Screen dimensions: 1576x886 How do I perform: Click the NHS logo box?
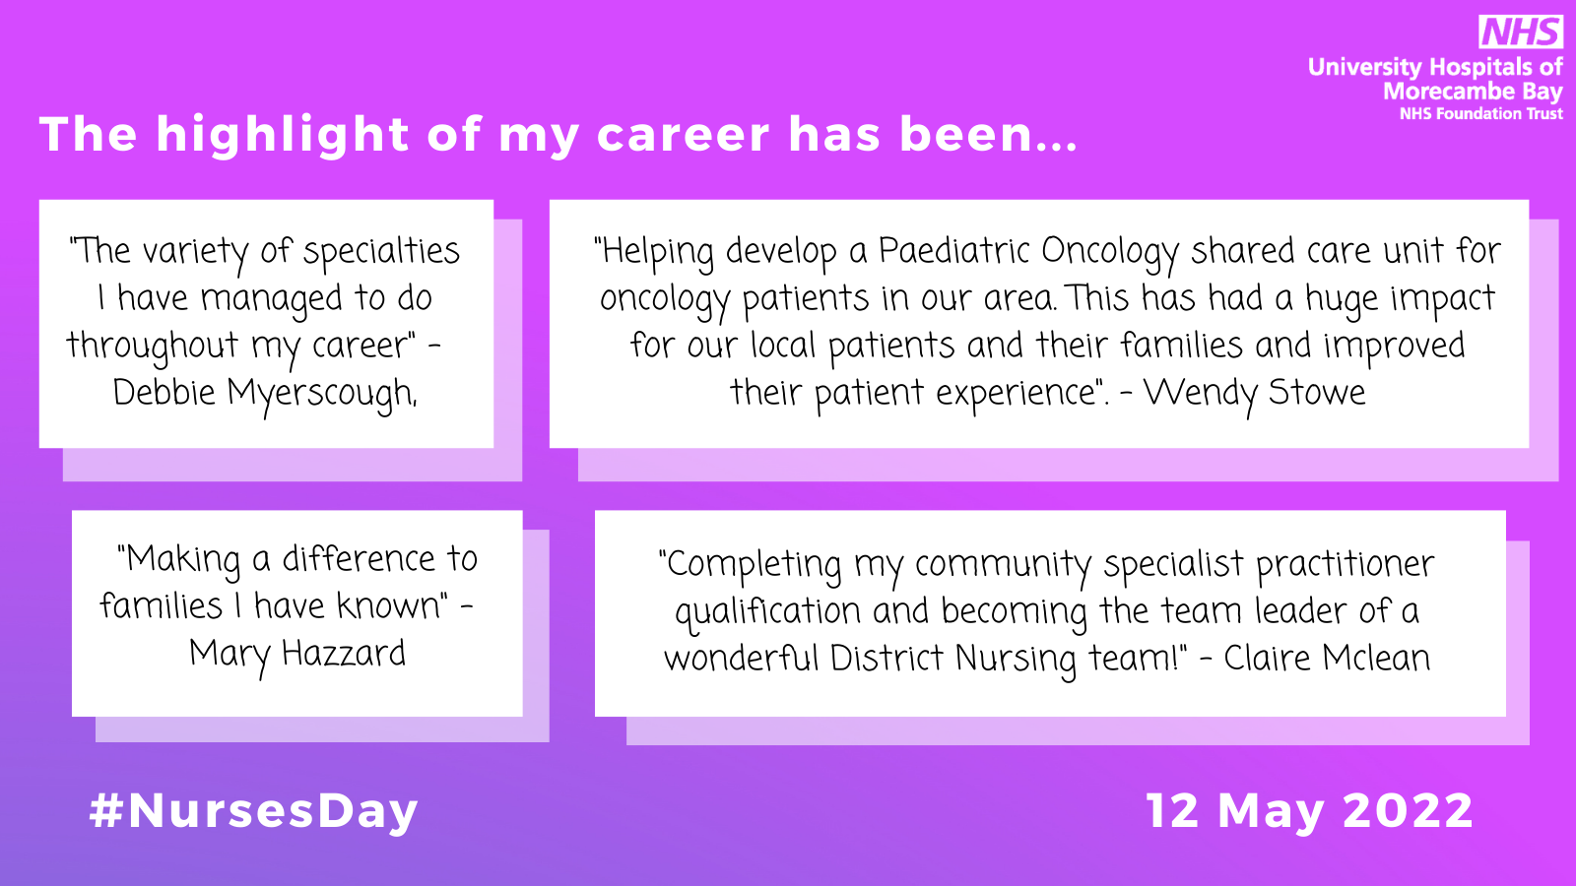pyautogui.click(x=1521, y=32)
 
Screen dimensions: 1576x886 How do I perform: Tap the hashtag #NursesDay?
pyautogui.click(x=254, y=812)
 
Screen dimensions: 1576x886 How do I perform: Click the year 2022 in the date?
pyautogui.click(x=1408, y=811)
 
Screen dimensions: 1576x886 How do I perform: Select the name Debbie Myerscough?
pyautogui.click(x=265, y=394)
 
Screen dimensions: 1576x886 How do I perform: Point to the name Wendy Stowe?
pyautogui.click(x=1254, y=394)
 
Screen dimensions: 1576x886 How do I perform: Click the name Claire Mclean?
pyautogui.click(x=1327, y=659)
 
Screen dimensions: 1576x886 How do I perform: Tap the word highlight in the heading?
pyautogui.click(x=282, y=135)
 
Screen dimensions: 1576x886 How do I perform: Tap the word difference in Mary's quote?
pyautogui.click(x=359, y=560)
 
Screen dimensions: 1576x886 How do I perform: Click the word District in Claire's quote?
pyautogui.click(x=886, y=659)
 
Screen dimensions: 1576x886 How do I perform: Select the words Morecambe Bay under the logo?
pyautogui.click(x=1473, y=92)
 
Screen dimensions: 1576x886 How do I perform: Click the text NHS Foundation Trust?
pyautogui.click(x=1481, y=114)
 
